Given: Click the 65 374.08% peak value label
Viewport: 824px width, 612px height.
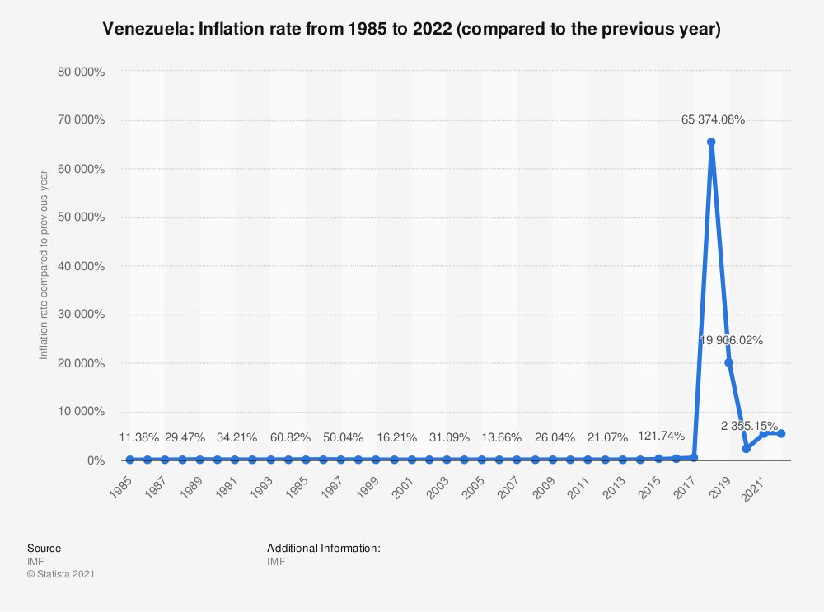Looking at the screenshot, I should (713, 119).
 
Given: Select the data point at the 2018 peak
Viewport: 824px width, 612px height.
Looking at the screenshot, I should (711, 142).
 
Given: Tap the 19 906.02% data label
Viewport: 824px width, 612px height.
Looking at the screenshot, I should (731, 339).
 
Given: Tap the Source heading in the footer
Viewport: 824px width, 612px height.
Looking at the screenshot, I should (44, 548).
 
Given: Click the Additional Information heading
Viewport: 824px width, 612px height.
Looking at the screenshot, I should (323, 548).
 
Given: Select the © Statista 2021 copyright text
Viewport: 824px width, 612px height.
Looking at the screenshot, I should (61, 574).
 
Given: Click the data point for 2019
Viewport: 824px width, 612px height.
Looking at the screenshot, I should (728, 362).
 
